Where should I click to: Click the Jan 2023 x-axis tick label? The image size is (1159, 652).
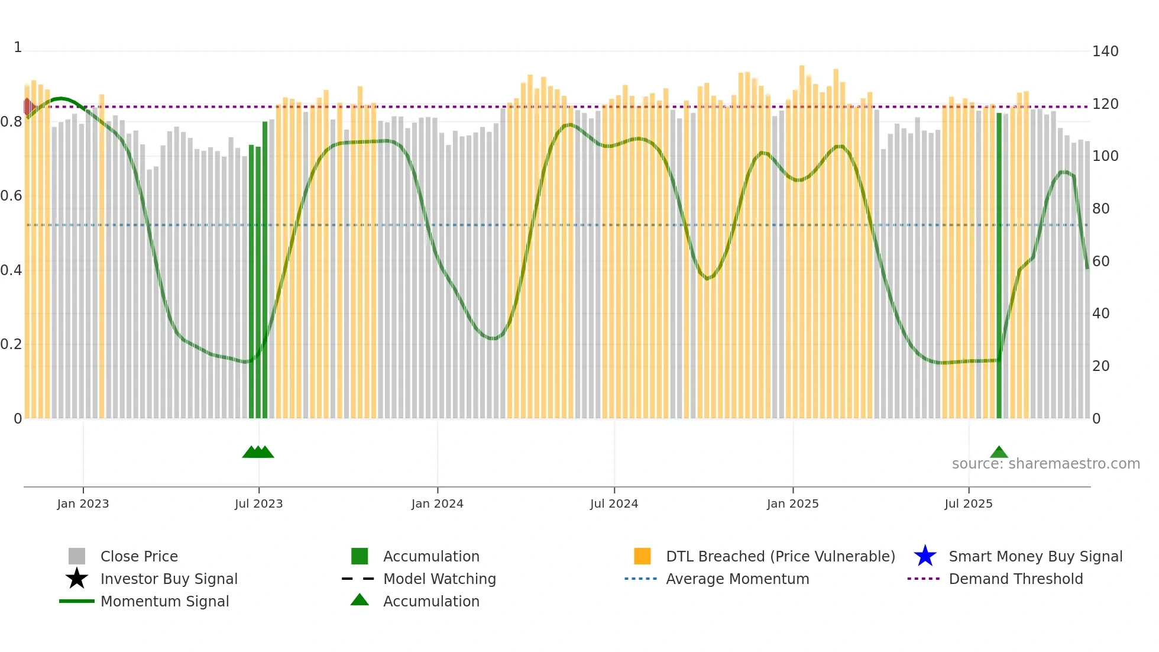point(83,503)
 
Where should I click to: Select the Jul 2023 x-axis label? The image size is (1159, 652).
point(258,503)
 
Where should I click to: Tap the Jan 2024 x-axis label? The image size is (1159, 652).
point(437,503)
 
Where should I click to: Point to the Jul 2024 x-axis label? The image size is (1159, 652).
point(614,503)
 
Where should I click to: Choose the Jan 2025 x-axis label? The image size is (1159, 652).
point(792,503)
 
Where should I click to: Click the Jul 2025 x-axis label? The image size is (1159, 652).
point(968,503)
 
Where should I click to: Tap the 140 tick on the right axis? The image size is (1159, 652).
point(1105,51)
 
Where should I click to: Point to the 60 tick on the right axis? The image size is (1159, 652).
point(1100,262)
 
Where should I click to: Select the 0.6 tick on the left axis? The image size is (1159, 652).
point(11,196)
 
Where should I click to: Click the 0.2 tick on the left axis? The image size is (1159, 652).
point(11,344)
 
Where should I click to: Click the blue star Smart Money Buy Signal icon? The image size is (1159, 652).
point(925,556)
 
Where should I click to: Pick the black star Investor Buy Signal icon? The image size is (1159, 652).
point(77,579)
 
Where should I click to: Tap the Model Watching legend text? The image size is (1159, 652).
point(439,579)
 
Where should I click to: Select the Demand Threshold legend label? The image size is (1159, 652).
point(1015,579)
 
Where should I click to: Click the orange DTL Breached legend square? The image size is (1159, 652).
point(642,556)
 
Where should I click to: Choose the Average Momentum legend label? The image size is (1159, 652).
point(737,579)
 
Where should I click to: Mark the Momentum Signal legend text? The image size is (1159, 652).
point(164,601)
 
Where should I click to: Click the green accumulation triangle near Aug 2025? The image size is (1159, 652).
point(999,453)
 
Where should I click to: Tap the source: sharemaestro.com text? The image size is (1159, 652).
point(1045,464)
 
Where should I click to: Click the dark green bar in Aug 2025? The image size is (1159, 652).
point(999,266)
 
